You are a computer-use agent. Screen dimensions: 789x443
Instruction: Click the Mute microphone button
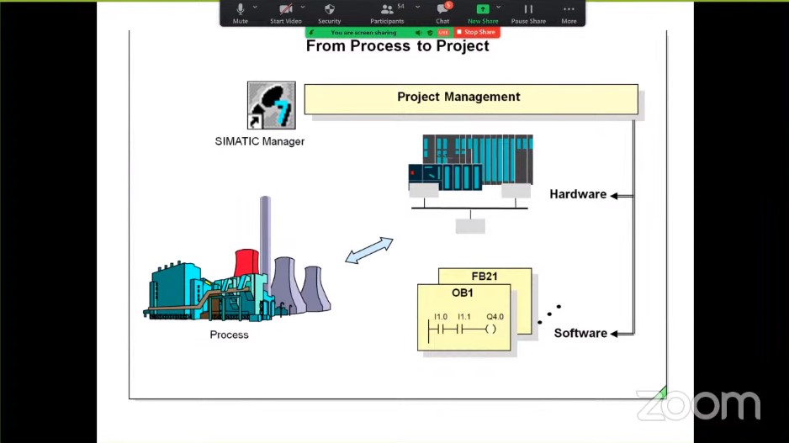click(240, 13)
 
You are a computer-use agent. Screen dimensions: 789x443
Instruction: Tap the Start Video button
click(286, 13)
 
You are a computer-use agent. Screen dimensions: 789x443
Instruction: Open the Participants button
click(387, 13)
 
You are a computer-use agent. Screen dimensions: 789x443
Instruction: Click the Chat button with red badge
click(442, 13)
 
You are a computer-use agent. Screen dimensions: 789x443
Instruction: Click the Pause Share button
click(528, 13)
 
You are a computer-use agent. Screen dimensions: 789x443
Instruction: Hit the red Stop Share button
click(477, 32)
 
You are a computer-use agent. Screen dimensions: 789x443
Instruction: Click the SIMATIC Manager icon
click(271, 105)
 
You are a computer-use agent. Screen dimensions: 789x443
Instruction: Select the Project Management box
click(471, 99)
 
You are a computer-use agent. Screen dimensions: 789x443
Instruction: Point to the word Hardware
click(578, 194)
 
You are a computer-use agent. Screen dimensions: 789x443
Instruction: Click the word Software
click(580, 333)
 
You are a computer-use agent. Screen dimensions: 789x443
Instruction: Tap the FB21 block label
click(484, 276)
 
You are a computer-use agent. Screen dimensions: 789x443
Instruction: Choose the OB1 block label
click(463, 293)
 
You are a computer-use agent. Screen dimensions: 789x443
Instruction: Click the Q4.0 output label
click(495, 317)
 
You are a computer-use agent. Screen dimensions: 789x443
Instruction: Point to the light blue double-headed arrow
click(368, 251)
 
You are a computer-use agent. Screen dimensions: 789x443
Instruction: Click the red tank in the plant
click(246, 262)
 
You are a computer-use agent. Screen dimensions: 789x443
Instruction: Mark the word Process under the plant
click(229, 335)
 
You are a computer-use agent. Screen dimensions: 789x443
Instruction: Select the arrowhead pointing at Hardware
click(614, 196)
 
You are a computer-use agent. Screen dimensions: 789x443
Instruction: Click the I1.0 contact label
click(440, 317)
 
